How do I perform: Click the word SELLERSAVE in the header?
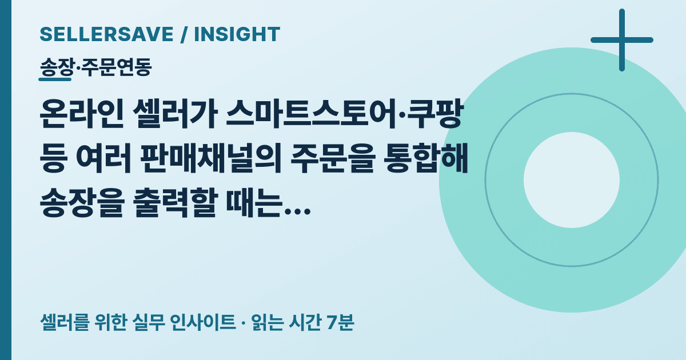[106, 34]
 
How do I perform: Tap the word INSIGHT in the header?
[237, 34]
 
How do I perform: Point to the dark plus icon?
[622, 40]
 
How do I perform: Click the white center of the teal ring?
[572, 180]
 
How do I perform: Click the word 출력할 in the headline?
[175, 202]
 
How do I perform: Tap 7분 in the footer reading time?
[340, 322]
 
